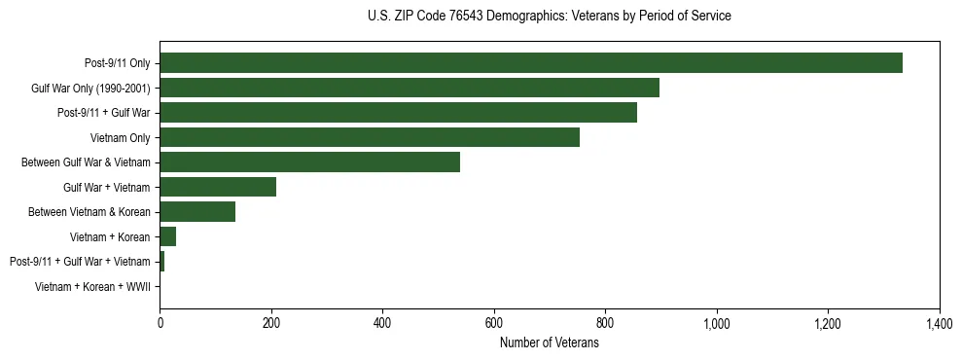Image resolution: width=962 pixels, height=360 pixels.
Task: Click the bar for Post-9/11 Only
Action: click(531, 63)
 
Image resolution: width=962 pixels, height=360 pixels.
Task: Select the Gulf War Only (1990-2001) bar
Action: click(410, 88)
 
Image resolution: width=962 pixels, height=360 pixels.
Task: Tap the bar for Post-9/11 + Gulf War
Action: click(398, 113)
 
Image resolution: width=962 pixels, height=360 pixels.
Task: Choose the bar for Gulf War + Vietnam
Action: click(218, 187)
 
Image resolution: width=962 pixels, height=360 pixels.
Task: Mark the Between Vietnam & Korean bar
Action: click(197, 211)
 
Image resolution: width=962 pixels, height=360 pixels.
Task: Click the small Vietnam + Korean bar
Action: click(168, 236)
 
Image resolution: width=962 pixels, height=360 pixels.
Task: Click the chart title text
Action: click(550, 17)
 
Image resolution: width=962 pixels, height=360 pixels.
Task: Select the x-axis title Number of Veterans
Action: click(550, 342)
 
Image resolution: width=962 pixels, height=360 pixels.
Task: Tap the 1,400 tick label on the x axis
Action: click(940, 323)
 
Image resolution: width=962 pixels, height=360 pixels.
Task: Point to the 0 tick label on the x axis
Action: click(160, 323)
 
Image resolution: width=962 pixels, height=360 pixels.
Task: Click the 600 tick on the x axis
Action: click(494, 323)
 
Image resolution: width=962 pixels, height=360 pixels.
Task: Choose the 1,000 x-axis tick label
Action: click(717, 323)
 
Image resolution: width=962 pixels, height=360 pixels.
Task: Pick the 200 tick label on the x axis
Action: click(271, 323)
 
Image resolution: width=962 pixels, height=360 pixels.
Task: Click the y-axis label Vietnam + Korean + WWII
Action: click(92, 286)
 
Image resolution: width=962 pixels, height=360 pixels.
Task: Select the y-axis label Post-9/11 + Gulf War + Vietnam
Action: click(80, 261)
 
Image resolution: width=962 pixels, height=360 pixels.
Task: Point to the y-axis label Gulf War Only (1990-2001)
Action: click(90, 88)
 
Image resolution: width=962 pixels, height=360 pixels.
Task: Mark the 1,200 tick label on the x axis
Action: click(828, 323)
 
